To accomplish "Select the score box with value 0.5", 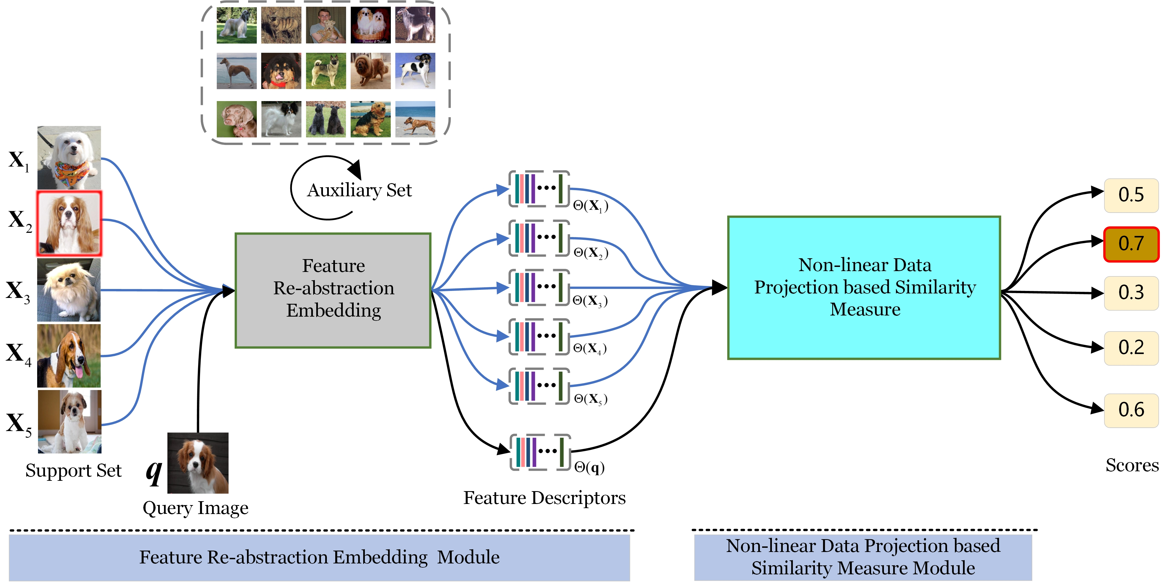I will [1131, 195].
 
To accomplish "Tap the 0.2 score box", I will [1131, 348].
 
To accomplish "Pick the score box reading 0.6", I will [1131, 410].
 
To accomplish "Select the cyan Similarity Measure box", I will [864, 287].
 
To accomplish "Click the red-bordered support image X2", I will [69, 223].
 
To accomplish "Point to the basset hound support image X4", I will [69, 355].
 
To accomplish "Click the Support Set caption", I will [73, 471].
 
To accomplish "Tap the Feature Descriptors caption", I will [544, 498].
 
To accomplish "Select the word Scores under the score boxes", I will [1132, 465].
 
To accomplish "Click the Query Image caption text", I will [195, 508].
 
